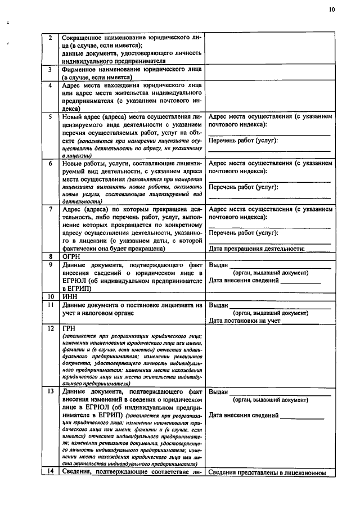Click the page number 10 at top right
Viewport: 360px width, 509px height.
tap(331, 9)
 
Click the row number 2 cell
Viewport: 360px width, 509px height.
tap(50, 37)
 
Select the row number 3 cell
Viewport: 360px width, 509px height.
tap(50, 69)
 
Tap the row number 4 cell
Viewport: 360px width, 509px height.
tap(50, 85)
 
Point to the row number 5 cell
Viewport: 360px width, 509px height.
tap(50, 116)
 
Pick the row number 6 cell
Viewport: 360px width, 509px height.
tap(50, 163)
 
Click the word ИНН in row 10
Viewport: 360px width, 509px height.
tap(70, 296)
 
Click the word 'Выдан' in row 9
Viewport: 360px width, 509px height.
tap(218, 264)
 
